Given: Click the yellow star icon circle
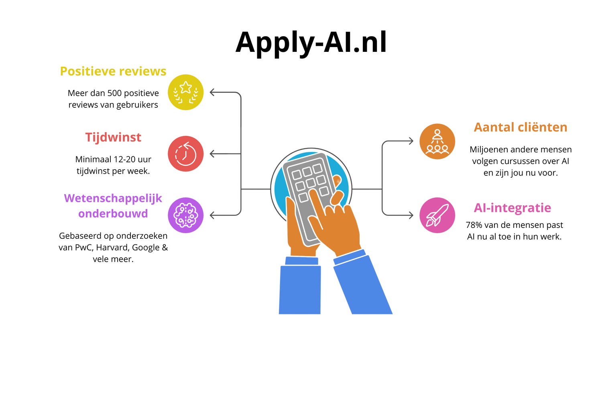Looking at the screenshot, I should [185, 92].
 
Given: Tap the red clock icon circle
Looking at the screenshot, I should [185, 154].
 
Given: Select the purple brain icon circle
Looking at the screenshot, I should [185, 215].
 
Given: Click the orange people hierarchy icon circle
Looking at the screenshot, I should [437, 141].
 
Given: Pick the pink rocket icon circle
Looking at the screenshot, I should [437, 215].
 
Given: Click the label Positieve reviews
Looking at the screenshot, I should [113, 71].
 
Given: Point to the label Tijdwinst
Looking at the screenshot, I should [113, 137].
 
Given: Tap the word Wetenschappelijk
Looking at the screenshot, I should [113, 198].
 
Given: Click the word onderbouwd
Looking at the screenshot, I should [113, 213].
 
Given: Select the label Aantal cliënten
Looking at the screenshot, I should [520, 127].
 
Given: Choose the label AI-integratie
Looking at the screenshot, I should [512, 208].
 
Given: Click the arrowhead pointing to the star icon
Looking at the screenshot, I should [212, 92].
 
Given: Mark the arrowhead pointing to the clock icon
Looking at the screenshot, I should [212, 154].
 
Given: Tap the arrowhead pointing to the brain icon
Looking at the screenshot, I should [212, 215].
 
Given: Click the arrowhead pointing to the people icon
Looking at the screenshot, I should [411, 141].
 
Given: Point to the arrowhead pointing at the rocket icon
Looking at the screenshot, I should [411, 215].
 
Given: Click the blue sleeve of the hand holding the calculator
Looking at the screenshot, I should [300, 287].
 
